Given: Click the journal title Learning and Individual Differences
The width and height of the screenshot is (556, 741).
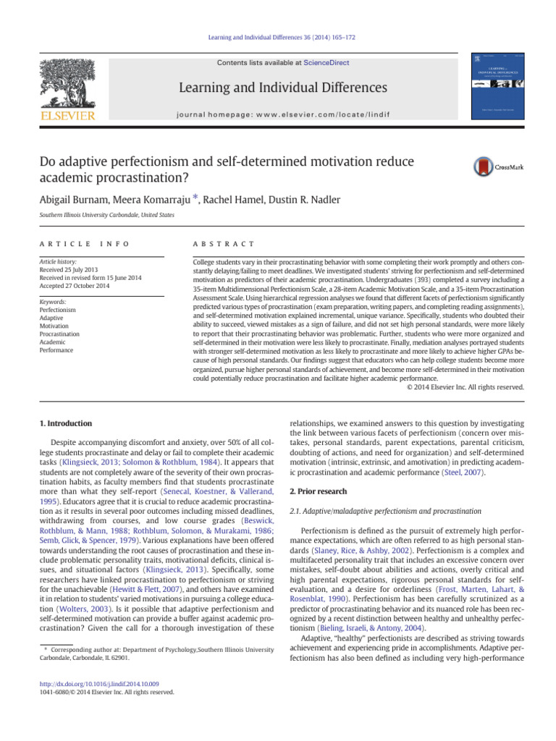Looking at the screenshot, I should tap(273, 88).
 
